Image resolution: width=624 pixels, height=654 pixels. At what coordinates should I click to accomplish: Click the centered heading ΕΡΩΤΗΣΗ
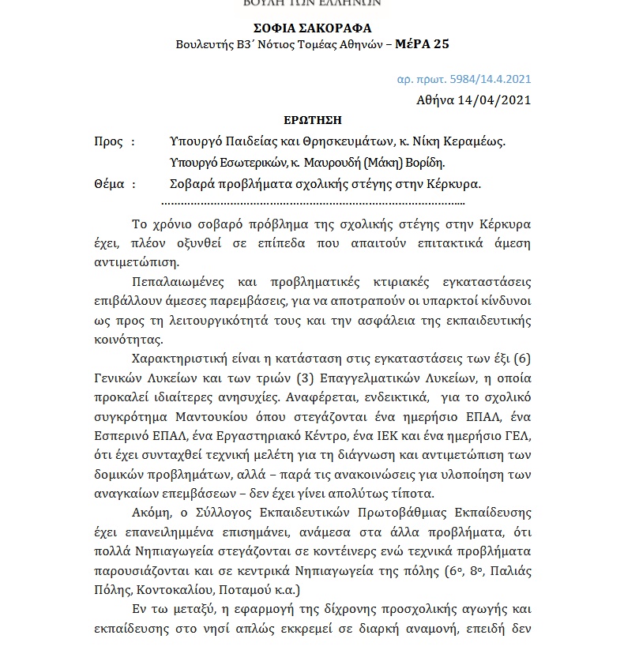(313, 120)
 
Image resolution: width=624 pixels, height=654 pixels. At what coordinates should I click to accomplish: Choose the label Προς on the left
(109, 141)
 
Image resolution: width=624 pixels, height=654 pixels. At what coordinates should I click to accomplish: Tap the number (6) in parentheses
(521, 359)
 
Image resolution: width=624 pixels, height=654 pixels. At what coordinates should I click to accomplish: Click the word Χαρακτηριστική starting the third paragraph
(180, 359)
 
